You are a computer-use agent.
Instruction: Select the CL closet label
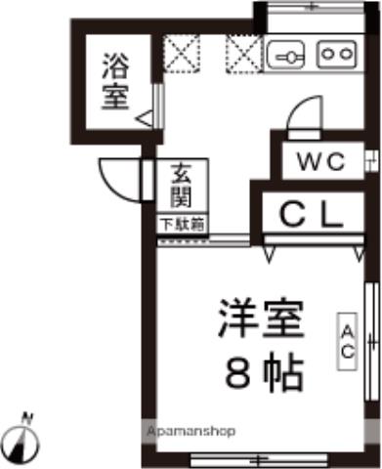pos(313,212)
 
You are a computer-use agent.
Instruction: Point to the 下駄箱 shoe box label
pos(182,224)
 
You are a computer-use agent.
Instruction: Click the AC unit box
pos(346,341)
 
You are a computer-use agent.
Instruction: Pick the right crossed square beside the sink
pos(241,53)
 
